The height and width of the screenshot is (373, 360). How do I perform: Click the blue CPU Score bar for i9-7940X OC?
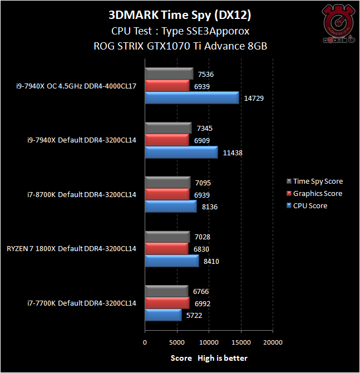pos(192,98)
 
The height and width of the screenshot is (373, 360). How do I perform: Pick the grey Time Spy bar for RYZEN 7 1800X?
pos(167,237)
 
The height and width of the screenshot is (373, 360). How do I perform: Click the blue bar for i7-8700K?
pos(171,207)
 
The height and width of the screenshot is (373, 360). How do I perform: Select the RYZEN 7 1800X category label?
pos(71,249)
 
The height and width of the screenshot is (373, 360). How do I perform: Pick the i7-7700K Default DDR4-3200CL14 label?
pos(82,303)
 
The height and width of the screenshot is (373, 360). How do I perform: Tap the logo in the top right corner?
pos(338,25)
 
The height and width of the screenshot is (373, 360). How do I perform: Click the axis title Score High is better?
pos(209,358)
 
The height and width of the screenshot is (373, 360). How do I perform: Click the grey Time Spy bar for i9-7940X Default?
pos(168,128)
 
